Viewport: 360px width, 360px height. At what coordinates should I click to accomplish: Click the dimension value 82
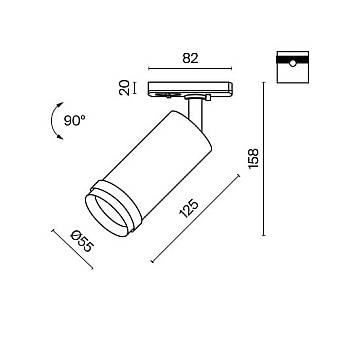click(x=190, y=58)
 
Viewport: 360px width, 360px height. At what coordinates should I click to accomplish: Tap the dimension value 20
click(x=124, y=88)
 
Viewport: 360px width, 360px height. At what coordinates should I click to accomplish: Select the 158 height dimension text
click(x=253, y=159)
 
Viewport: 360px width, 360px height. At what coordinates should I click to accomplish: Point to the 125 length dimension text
click(x=189, y=209)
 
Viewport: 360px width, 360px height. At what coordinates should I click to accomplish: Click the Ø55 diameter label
click(x=82, y=242)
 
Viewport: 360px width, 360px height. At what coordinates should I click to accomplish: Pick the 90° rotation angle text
click(x=75, y=120)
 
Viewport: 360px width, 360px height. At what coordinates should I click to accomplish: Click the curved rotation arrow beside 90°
click(x=53, y=120)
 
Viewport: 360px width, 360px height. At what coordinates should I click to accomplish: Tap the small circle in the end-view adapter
click(x=292, y=63)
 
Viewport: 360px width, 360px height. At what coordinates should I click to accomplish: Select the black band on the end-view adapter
click(x=293, y=60)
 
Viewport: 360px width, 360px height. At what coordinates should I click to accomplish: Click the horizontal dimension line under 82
click(x=190, y=69)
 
